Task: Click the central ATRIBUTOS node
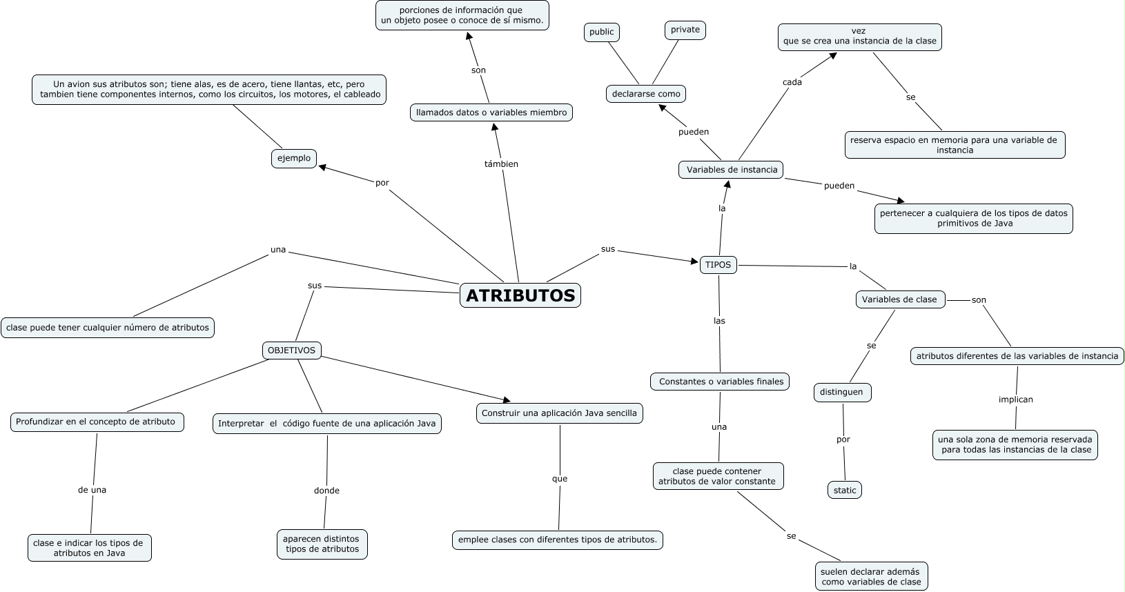pos(520,295)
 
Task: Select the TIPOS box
pos(718,265)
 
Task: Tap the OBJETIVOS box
pos(291,351)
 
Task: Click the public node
pos(601,32)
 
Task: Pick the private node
pos(685,30)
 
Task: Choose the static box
pos(845,491)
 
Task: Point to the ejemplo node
pos(294,159)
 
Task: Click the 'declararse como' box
pos(646,94)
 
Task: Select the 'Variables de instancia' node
pos(732,170)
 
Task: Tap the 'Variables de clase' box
pos(899,299)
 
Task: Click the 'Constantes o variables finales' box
pos(721,382)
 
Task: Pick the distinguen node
pos(841,392)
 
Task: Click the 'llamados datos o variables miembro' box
pos(491,112)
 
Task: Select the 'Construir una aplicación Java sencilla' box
pos(559,413)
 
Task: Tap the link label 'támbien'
pos(501,164)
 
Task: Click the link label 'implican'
pos(1016,399)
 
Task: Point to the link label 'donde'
pos(326,491)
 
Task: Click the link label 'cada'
pos(792,82)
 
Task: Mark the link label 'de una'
pos(92,490)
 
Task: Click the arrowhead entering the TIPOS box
pos(696,262)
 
